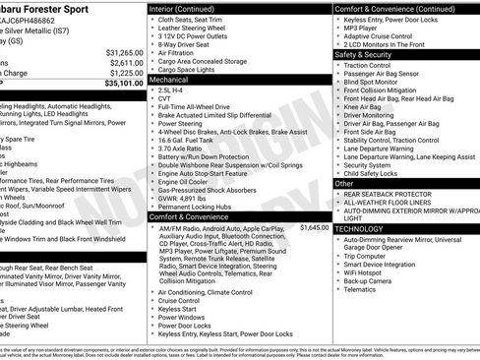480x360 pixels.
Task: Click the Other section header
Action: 344,183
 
